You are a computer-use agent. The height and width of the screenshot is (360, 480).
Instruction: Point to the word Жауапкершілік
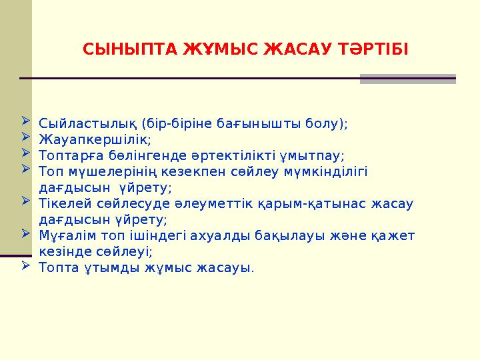click(x=95, y=140)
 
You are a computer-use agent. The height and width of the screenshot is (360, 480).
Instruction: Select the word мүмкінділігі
click(x=326, y=172)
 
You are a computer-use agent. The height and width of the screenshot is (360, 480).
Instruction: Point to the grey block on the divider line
click(x=407, y=79)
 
